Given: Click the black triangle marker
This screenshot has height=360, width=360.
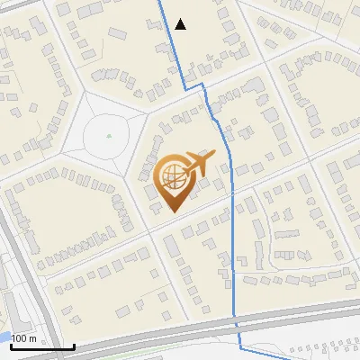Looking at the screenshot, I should [181, 24].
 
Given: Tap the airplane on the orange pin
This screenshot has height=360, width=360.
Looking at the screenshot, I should [200, 162].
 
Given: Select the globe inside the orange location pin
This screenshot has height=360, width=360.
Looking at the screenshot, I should [174, 177].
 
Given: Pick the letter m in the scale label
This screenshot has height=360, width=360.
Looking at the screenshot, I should [32, 338].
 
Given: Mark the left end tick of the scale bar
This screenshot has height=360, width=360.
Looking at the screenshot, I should [11, 345].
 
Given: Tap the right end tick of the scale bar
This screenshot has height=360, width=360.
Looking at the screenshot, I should [74, 345].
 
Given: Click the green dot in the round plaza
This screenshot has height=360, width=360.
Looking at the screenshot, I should [109, 136].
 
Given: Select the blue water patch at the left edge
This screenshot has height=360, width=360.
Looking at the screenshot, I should [4, 337].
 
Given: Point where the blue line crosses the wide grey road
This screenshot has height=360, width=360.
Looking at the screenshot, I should [237, 321].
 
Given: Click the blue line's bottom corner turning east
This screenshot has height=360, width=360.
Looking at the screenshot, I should [241, 347].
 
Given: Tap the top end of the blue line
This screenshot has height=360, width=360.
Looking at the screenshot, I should [162, 1].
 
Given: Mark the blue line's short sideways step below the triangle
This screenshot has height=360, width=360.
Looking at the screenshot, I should [194, 86].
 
